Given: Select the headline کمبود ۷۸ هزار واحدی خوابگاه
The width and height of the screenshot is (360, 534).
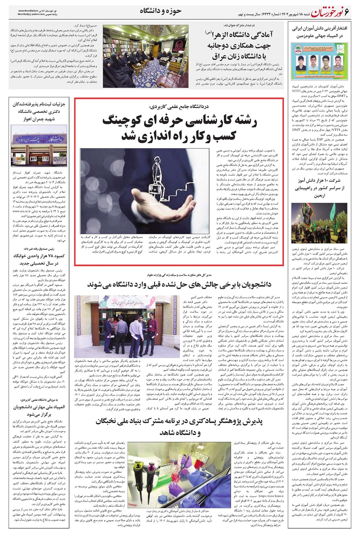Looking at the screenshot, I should tap(39, 259).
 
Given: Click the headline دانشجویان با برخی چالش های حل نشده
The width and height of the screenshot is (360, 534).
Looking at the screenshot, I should tap(179, 284).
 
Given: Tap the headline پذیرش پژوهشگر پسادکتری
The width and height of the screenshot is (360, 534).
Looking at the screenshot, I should tap(179, 426).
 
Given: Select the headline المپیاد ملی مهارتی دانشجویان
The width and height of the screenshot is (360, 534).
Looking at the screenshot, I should tap(39, 411).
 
